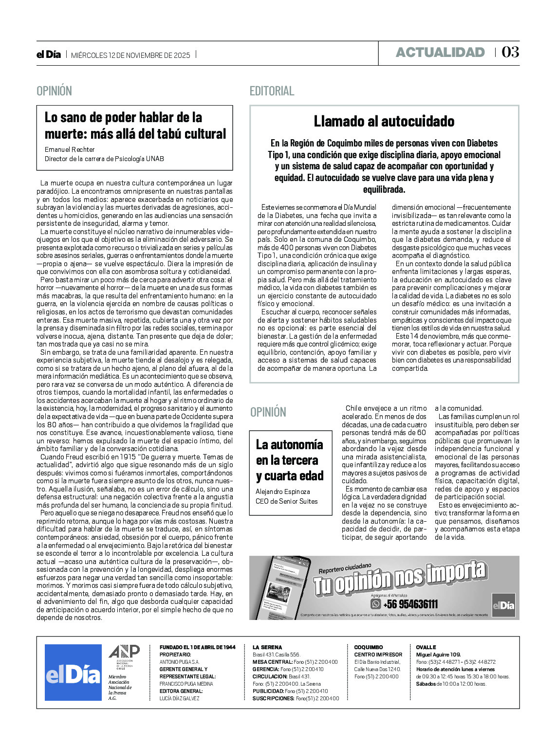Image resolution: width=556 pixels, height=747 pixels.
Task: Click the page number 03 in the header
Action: click(x=510, y=52)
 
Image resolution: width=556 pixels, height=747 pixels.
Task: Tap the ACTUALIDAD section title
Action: click(x=440, y=53)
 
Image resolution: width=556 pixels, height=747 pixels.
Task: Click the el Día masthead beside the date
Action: click(x=49, y=55)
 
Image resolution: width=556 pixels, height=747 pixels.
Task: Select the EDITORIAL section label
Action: click(x=272, y=91)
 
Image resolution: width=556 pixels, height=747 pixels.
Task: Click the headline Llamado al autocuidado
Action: click(x=384, y=121)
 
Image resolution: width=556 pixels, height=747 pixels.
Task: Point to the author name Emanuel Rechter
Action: click(x=70, y=149)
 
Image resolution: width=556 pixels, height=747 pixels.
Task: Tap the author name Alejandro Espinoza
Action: click(x=283, y=492)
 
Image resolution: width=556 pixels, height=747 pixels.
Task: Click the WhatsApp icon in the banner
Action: click(x=375, y=604)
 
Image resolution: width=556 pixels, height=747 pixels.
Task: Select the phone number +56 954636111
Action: click(x=411, y=604)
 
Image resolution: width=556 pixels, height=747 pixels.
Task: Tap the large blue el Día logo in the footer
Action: click(x=73, y=673)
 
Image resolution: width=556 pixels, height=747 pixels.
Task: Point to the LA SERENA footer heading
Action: click(x=267, y=647)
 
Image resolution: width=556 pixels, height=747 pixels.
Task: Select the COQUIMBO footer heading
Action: click(x=369, y=647)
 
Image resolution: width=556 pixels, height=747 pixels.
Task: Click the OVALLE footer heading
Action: click(x=426, y=647)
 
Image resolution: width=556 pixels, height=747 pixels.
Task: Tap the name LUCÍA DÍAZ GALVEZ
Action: click(x=180, y=698)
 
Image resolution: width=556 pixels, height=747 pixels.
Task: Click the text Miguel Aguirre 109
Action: click(x=438, y=655)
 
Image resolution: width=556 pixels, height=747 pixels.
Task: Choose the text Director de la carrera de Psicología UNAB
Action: click(x=104, y=159)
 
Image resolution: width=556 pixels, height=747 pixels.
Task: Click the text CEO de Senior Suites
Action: click(x=287, y=501)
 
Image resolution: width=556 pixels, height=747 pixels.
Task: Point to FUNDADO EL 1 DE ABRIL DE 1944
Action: click(x=197, y=647)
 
